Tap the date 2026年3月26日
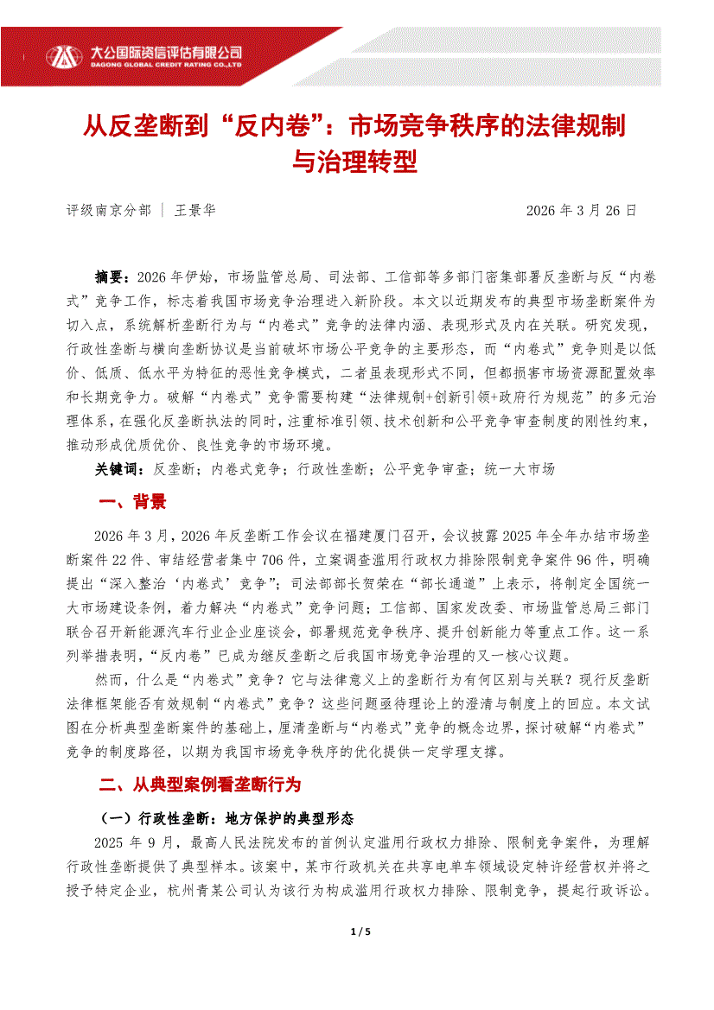click(x=582, y=210)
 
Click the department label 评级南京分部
click(x=108, y=210)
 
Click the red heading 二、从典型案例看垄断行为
click(x=200, y=784)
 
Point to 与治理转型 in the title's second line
click(x=357, y=161)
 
